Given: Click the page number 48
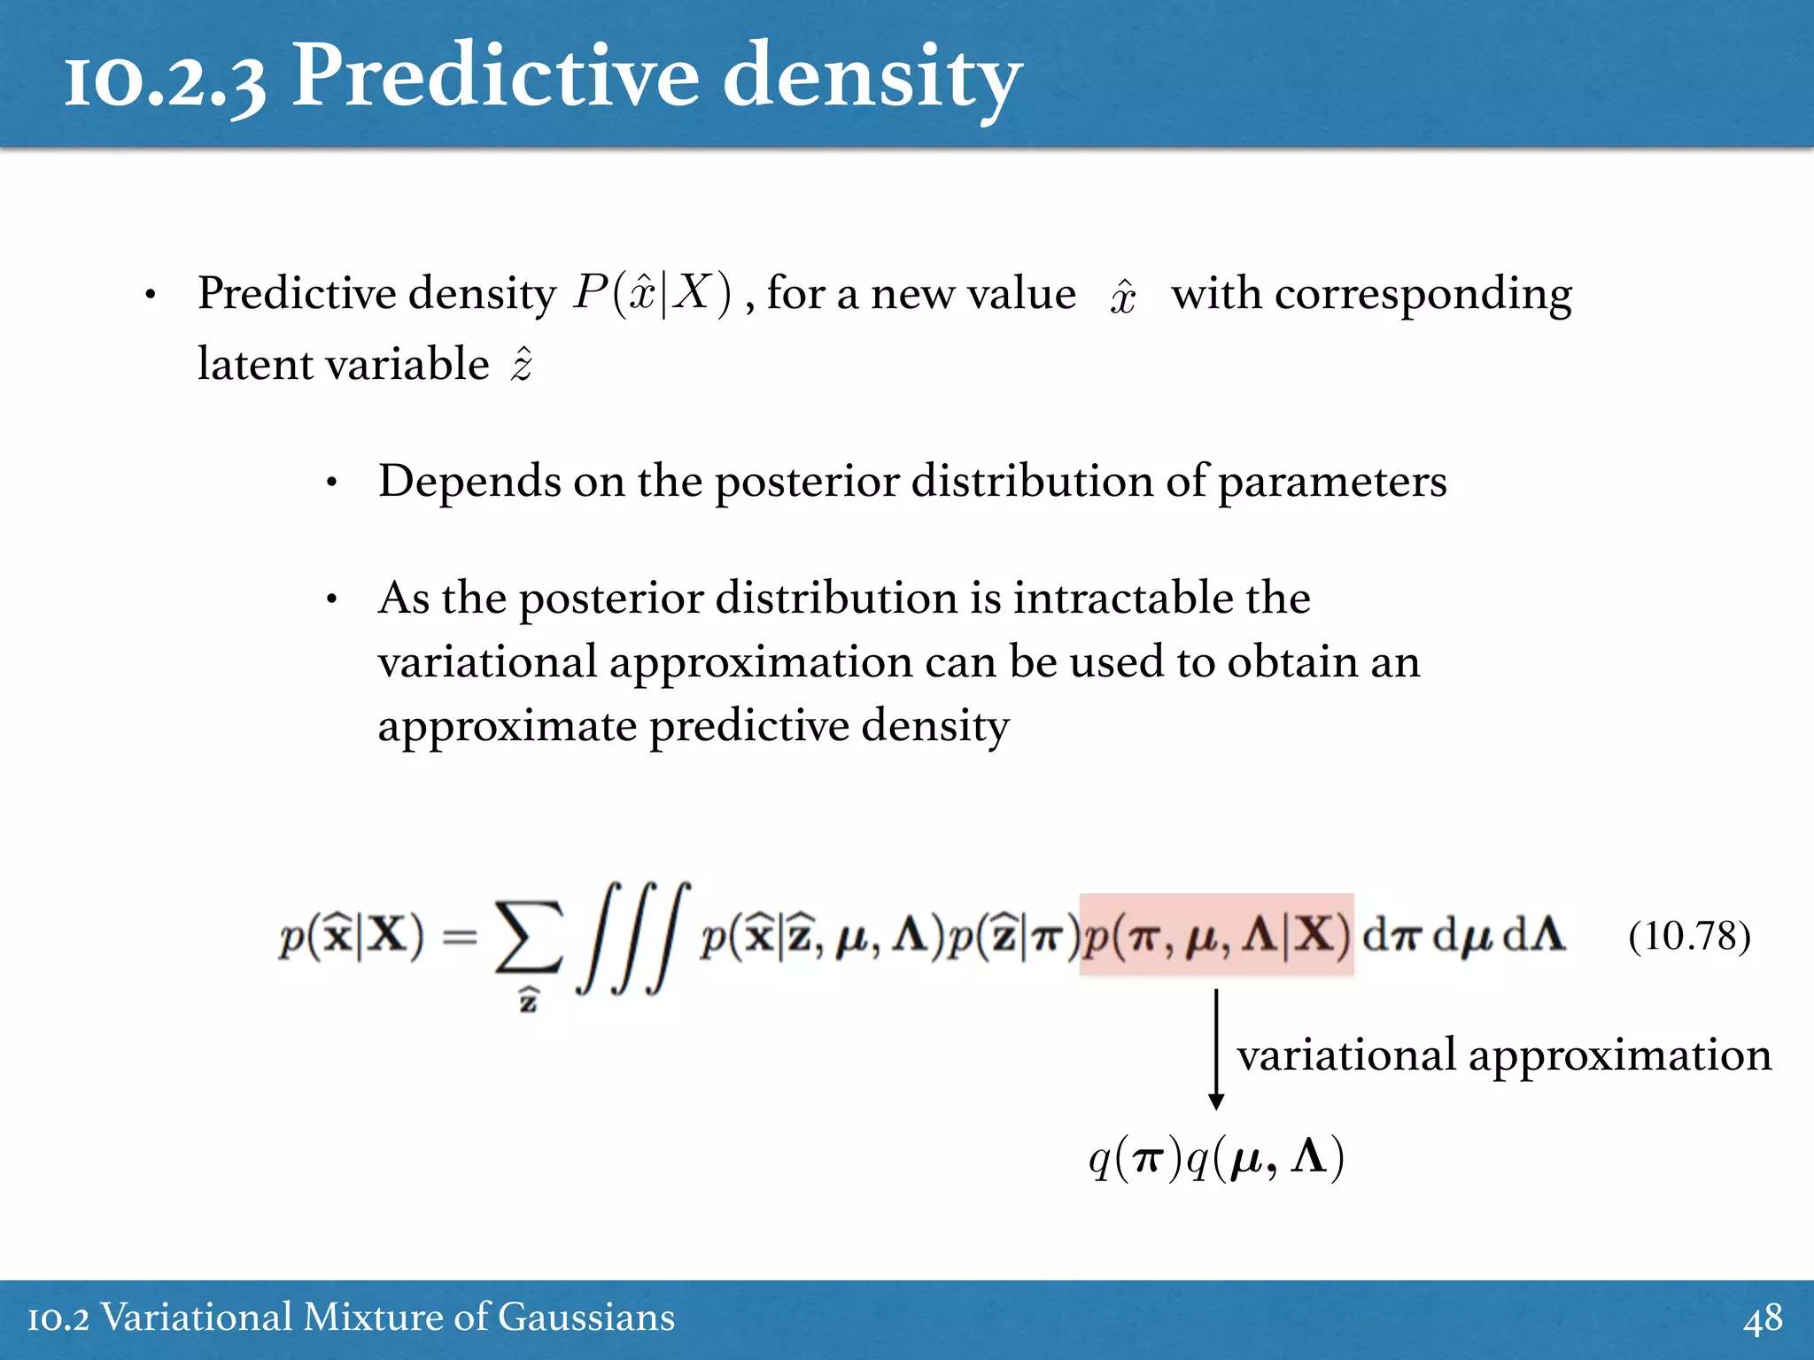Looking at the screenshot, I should coord(1763,1318).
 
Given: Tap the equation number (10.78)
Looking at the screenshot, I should coord(1689,936).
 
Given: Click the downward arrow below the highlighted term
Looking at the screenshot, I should coord(1216,1049).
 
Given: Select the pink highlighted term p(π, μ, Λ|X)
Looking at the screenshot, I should coord(1216,935).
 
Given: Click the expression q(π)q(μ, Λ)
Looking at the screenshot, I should coord(1216,1157).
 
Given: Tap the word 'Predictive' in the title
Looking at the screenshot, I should coord(496,78).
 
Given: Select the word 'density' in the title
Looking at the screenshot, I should coord(872,80).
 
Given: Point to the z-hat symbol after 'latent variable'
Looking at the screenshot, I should coord(522,364).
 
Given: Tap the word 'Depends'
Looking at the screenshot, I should coord(469,483).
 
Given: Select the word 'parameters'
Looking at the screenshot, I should coord(1332,483).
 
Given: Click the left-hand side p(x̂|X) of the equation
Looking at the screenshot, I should coord(352,936).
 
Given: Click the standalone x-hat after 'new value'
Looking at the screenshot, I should coord(1123,296).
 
